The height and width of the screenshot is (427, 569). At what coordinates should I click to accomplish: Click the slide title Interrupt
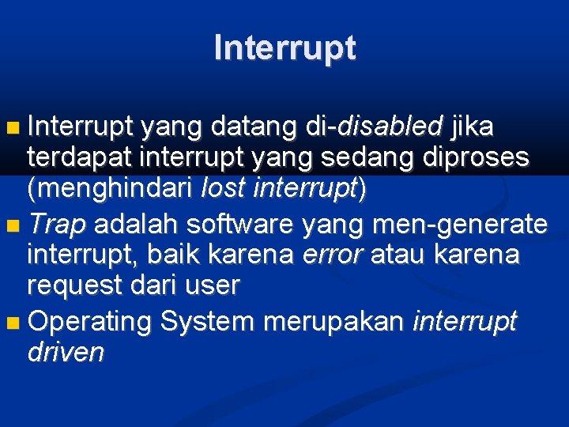[284, 49]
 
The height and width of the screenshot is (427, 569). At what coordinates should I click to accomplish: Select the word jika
[472, 125]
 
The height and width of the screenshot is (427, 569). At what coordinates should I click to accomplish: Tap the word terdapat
[81, 157]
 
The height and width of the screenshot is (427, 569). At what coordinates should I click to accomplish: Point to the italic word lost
[224, 189]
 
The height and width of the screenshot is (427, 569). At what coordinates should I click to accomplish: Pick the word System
[206, 322]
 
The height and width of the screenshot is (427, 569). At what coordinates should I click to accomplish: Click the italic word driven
[66, 353]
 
